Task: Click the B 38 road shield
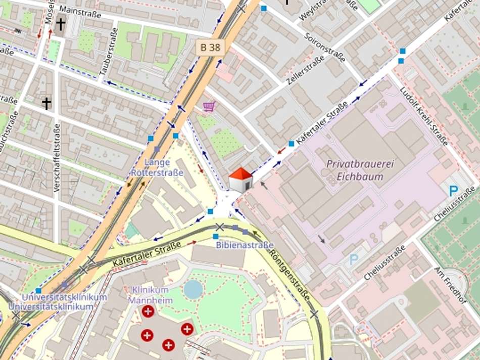(x=210, y=48)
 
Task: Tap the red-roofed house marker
(x=241, y=180)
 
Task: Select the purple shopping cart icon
(x=209, y=106)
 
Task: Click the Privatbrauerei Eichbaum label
(x=360, y=170)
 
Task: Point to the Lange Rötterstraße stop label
(x=157, y=167)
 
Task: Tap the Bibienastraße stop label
(x=245, y=245)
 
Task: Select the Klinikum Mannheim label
(x=150, y=295)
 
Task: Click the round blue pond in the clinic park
(x=193, y=289)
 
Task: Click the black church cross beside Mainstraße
(x=61, y=24)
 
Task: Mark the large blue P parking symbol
(x=453, y=191)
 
